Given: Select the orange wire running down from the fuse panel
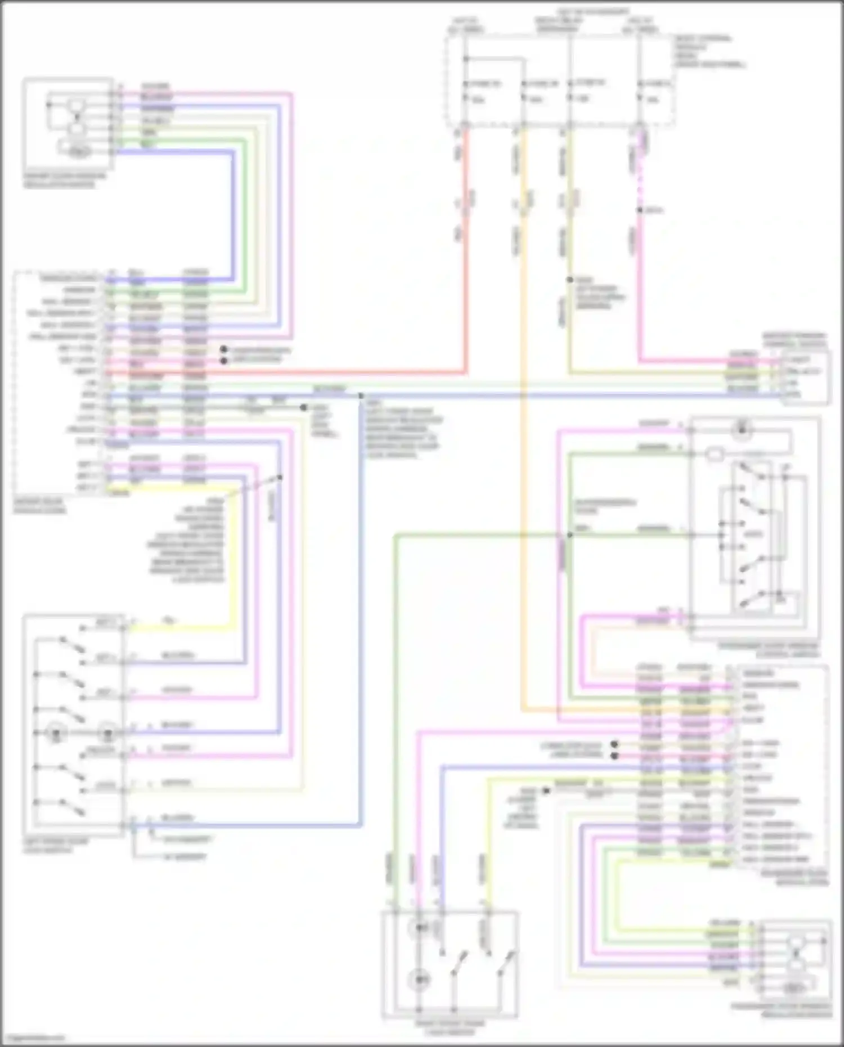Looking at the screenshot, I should [524, 450].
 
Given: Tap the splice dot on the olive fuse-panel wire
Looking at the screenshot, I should [569, 280].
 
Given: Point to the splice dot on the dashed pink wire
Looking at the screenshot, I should [640, 210].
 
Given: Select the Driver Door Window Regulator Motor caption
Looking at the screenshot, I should [64, 180].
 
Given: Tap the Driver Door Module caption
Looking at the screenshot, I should [39, 506].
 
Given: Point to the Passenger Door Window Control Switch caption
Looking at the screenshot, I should [769, 650].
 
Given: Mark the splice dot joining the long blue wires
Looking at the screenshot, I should [361, 396].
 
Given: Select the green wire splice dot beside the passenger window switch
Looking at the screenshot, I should [569, 535].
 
